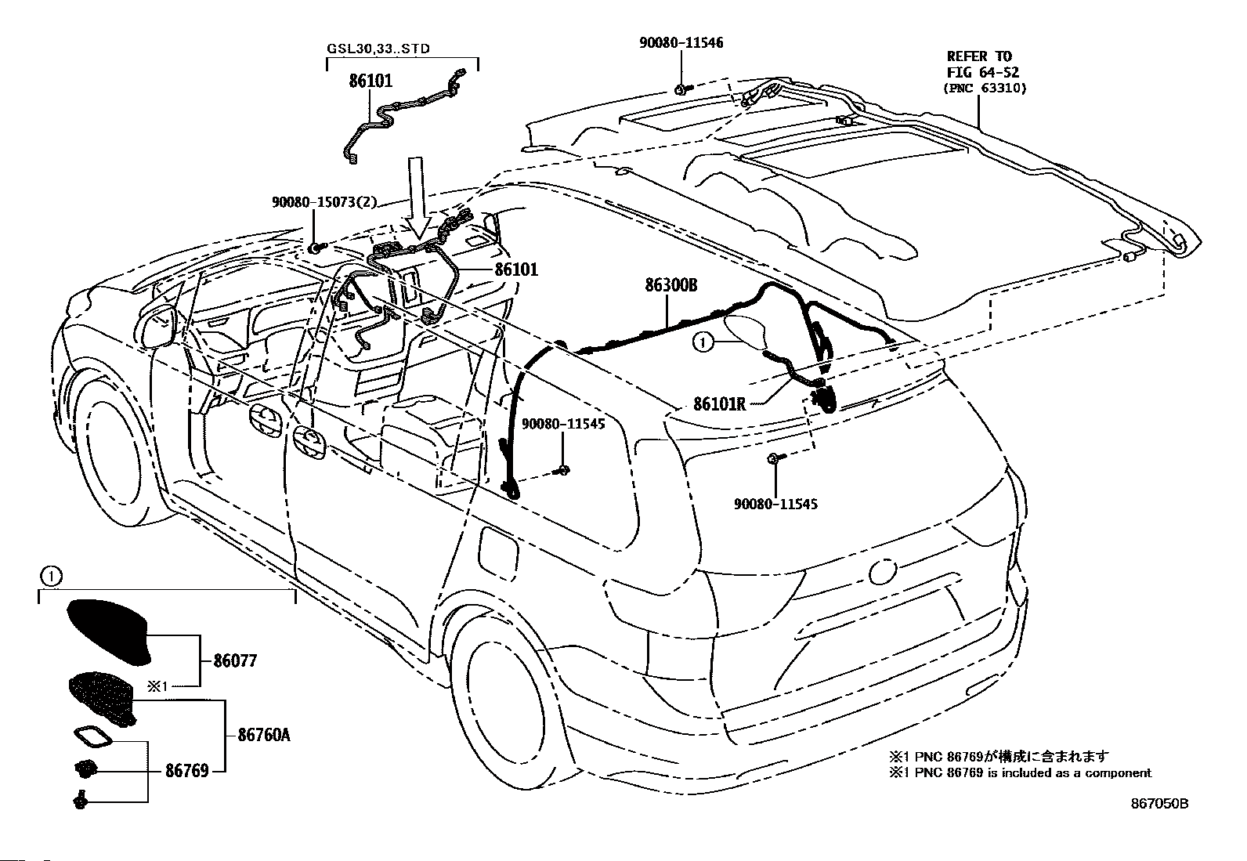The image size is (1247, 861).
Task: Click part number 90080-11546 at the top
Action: tap(681, 43)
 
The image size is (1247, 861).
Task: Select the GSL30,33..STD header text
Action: tap(378, 49)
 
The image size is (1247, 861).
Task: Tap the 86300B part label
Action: tap(670, 285)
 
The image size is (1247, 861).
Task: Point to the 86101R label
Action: tap(719, 403)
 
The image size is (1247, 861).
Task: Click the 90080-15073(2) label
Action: tap(324, 201)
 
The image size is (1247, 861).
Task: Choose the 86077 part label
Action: tap(236, 661)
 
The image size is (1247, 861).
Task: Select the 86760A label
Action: tap(264, 735)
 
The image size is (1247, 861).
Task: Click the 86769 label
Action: tap(187, 771)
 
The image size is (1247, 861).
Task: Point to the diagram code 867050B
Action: tap(1159, 804)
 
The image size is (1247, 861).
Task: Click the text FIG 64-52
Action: tap(983, 72)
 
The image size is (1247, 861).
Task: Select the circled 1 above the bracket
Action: tap(51, 577)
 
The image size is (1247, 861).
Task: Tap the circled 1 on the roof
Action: tap(702, 342)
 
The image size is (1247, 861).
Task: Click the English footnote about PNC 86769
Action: tap(1020, 773)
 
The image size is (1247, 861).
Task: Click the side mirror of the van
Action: tap(159, 326)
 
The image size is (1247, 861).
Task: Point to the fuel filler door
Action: tap(498, 551)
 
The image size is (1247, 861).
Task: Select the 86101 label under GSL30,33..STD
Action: tap(370, 81)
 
